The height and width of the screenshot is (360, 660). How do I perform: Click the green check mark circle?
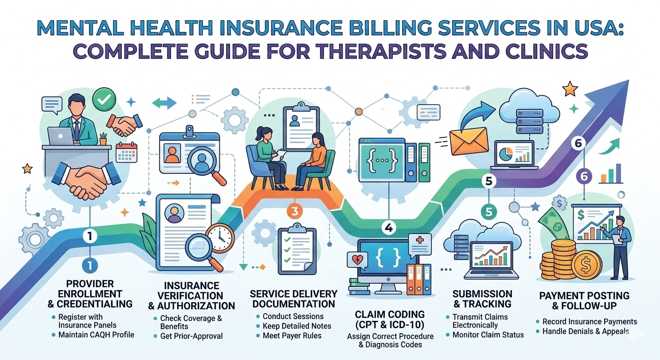click(104, 99)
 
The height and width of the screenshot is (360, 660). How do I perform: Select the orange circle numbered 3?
click(295, 211)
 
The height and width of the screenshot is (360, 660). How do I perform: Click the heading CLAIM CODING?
click(390, 315)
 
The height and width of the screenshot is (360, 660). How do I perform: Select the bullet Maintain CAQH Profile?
click(96, 335)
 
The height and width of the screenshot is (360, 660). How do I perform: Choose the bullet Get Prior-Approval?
click(191, 336)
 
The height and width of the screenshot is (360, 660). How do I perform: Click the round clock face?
click(220, 238)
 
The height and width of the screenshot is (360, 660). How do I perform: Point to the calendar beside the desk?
click(127, 152)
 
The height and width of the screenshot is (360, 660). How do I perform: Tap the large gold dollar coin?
click(586, 266)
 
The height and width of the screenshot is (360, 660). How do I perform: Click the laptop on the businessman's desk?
click(60, 136)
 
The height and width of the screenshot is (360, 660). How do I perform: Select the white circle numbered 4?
click(389, 227)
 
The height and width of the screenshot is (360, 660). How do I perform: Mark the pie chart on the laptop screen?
click(506, 153)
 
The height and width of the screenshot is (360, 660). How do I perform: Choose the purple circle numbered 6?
click(584, 176)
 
